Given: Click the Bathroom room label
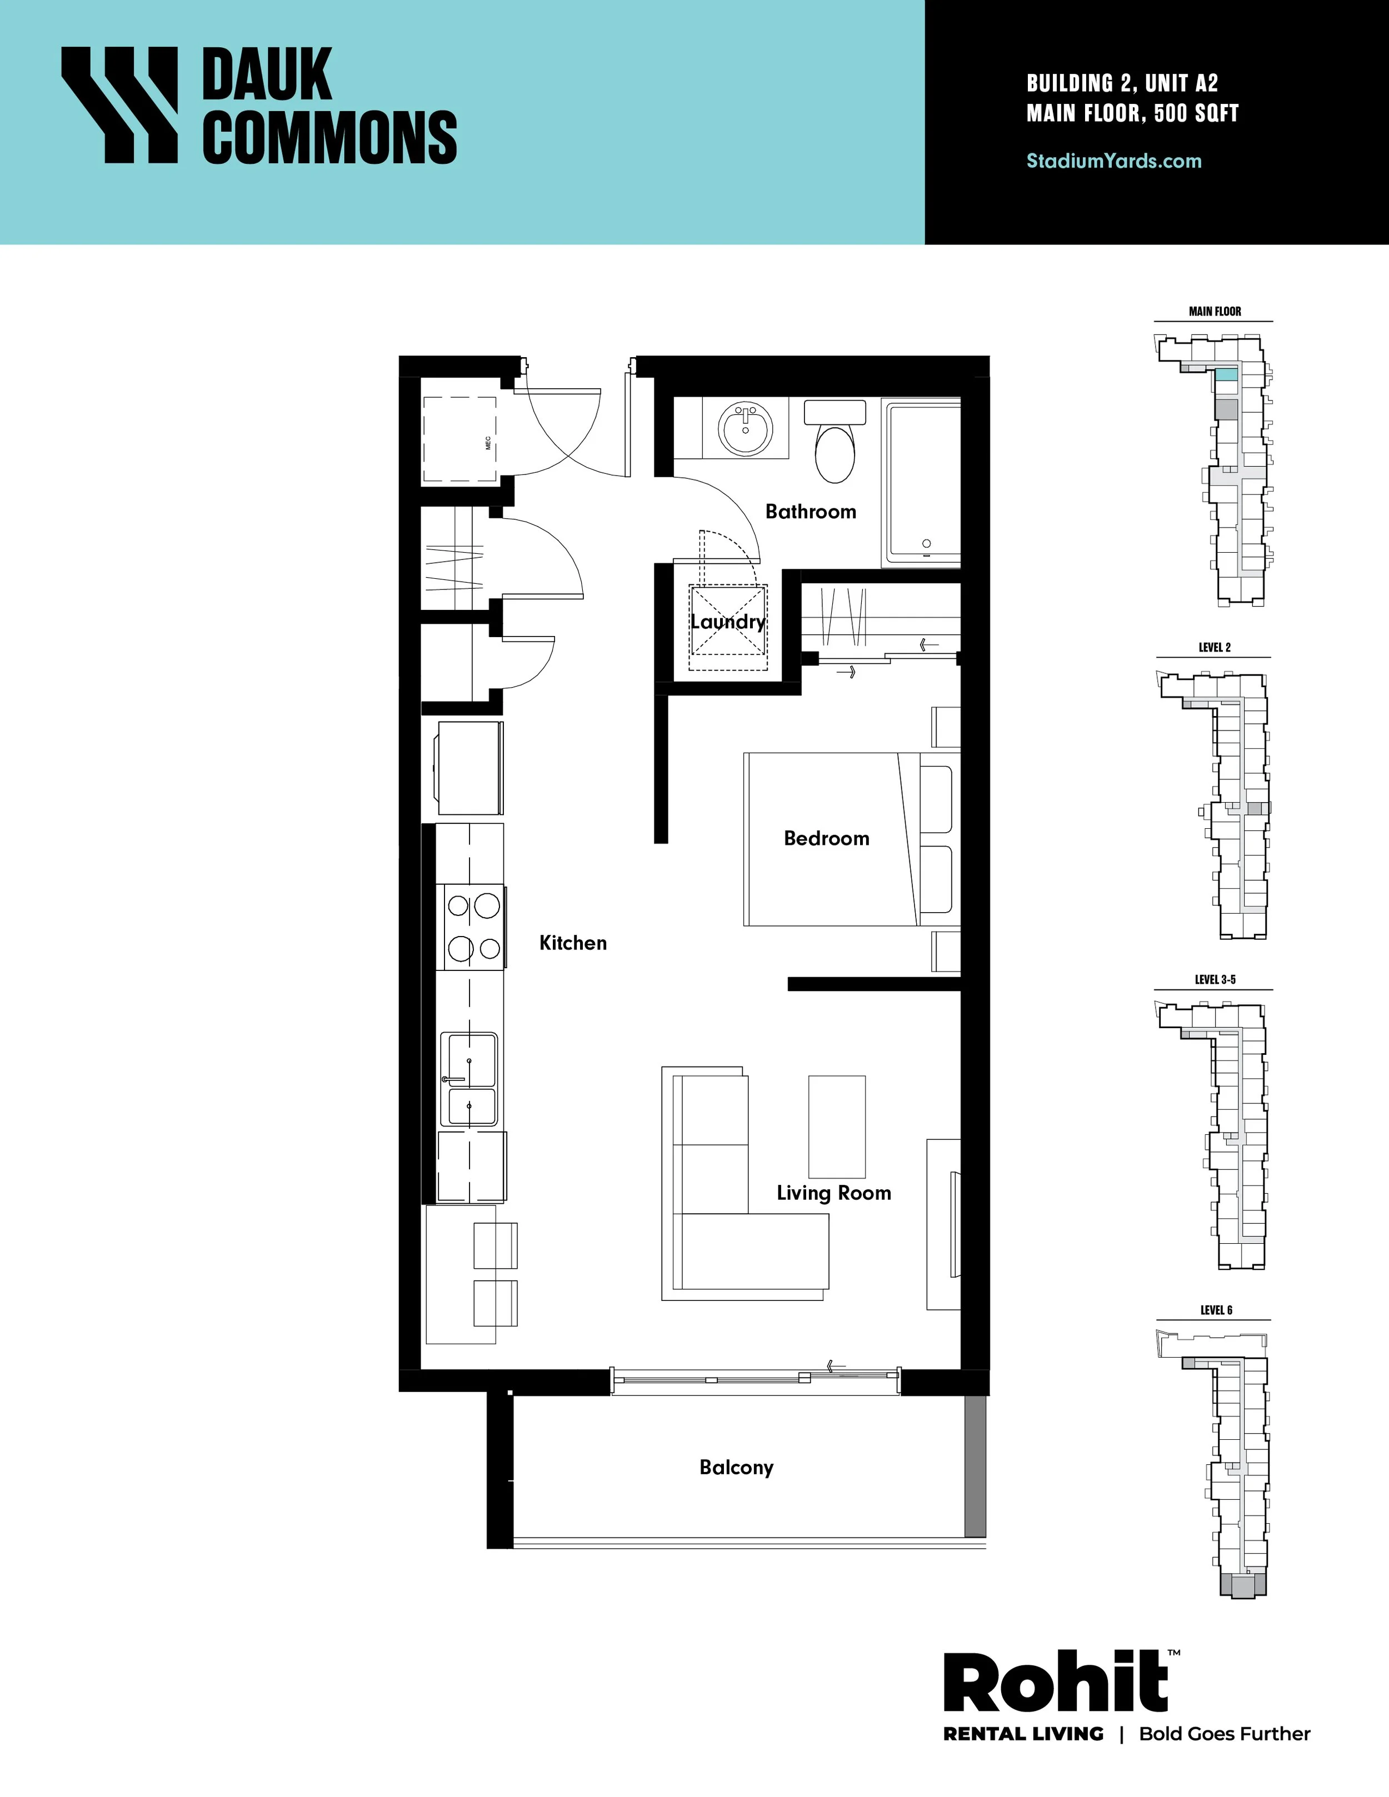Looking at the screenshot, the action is pyautogui.click(x=811, y=512).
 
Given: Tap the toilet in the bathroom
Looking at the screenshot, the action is pyautogui.click(x=835, y=441).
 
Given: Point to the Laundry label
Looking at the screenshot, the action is pyautogui.click(x=727, y=622).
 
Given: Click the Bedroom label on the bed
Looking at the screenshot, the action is pyautogui.click(x=826, y=838).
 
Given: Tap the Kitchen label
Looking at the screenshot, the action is pyautogui.click(x=573, y=943).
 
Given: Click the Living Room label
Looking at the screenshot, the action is pyautogui.click(x=833, y=1193).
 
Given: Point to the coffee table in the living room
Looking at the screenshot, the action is pyautogui.click(x=837, y=1127).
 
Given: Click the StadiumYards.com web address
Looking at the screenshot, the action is pyautogui.click(x=1114, y=161).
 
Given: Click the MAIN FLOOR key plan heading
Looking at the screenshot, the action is pyautogui.click(x=1215, y=312).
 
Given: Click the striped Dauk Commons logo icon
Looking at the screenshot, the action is pyautogui.click(x=120, y=104).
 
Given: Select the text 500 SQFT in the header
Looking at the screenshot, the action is pyautogui.click(x=1196, y=113).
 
